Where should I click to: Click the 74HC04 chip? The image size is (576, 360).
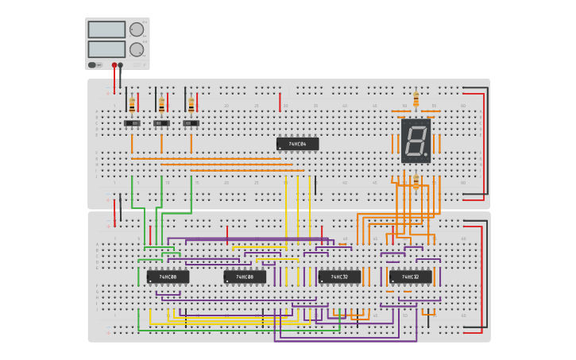coord(297,144)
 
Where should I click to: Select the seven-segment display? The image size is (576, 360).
coord(416,141)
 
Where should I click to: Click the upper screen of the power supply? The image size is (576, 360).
coord(106,29)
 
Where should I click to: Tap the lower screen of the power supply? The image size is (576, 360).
coord(106,49)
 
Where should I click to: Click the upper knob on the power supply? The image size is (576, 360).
coord(137,29)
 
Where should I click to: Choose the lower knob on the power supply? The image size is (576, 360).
coord(137,49)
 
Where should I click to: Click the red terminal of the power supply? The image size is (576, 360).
coord(114,65)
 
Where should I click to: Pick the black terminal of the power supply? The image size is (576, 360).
coord(121,65)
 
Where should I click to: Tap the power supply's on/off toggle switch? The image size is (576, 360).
coord(93,64)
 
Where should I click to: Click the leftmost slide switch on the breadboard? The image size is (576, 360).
coord(132,123)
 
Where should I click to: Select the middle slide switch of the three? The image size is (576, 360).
coord(161,123)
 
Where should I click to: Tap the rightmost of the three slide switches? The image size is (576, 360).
coord(191,123)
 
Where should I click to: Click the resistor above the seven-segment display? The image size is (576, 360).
coord(416,99)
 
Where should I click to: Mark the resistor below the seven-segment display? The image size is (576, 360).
coord(416,182)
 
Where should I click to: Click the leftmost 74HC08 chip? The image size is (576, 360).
coord(168,277)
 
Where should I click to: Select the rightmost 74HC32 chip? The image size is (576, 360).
coord(411,277)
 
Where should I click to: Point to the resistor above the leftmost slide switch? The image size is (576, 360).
coord(132,103)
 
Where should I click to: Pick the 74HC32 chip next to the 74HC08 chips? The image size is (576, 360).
coord(339,277)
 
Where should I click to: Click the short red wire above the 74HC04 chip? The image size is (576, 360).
coord(280,102)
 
